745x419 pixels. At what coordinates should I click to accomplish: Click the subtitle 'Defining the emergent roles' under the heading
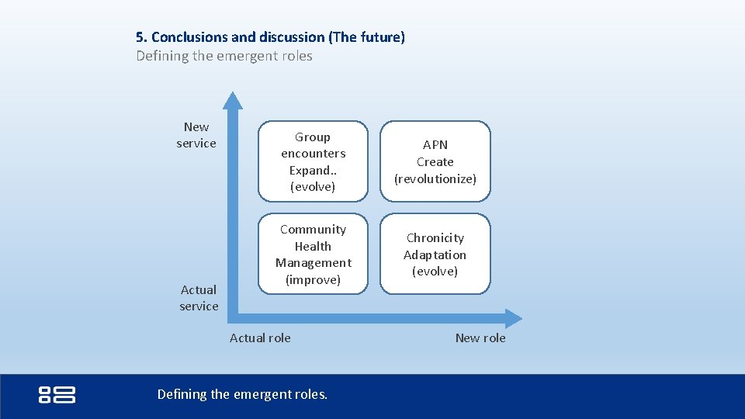[224, 56]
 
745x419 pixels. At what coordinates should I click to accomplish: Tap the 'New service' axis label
[196, 135]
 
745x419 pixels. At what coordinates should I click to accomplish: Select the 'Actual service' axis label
[199, 298]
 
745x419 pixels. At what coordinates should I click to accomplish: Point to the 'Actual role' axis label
[260, 338]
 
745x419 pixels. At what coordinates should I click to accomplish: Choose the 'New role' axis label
[480, 338]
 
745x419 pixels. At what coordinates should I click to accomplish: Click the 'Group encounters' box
[313, 161]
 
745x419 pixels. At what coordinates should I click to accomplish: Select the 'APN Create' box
[435, 161]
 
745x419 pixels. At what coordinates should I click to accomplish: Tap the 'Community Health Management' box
[313, 255]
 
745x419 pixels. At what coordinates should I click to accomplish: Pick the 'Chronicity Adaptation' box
[435, 255]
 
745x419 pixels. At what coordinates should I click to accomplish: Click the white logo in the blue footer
[57, 394]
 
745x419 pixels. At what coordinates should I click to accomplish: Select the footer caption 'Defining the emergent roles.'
[242, 394]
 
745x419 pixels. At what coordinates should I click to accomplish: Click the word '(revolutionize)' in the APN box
[435, 178]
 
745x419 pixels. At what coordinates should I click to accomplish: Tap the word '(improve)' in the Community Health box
[313, 279]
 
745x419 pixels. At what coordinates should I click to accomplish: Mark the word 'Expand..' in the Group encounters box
[313, 170]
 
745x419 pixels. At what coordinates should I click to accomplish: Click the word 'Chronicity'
[435, 238]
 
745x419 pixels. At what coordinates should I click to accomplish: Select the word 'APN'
[435, 145]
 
